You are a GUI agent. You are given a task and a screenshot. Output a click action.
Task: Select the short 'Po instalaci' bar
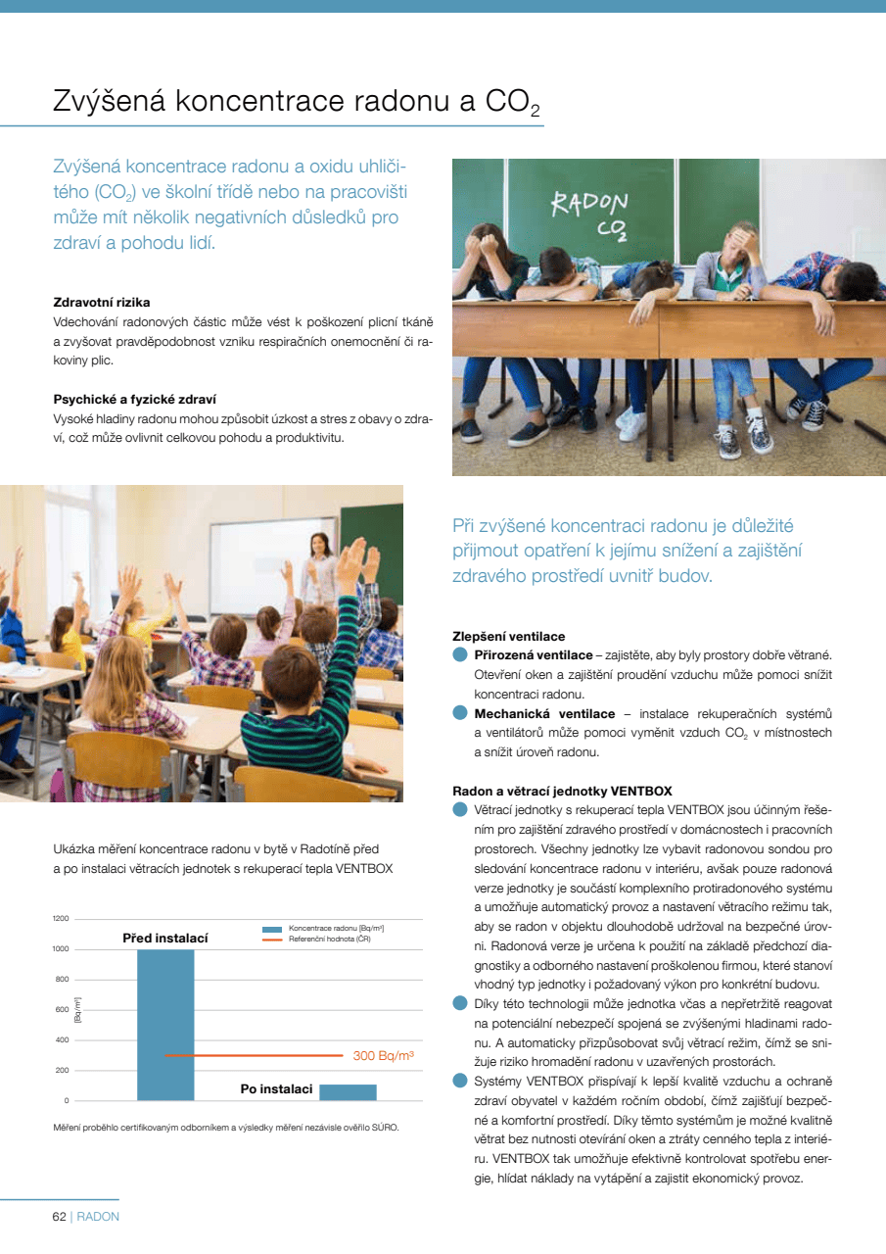(x=348, y=1091)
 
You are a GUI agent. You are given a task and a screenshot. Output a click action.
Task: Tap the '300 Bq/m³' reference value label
(x=383, y=1055)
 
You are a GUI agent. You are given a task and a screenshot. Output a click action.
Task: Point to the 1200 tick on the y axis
(x=61, y=918)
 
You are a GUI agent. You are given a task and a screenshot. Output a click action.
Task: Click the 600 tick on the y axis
(x=61, y=1009)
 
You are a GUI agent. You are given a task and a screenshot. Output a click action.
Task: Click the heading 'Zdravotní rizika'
(x=101, y=302)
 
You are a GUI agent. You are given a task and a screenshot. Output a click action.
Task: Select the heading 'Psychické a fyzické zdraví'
(x=134, y=399)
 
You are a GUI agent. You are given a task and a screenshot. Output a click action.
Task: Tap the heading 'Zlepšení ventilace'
(x=508, y=636)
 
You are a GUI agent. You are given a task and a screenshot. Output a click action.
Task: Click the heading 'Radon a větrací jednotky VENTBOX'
(x=562, y=791)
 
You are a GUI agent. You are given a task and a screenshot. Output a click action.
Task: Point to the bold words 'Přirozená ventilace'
(x=534, y=654)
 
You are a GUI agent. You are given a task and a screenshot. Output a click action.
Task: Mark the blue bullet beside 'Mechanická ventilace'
(x=460, y=713)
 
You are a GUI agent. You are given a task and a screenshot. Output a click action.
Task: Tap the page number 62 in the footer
(x=59, y=1217)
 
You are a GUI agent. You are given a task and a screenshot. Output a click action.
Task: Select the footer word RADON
(x=98, y=1217)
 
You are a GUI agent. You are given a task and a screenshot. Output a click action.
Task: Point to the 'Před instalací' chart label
(x=165, y=939)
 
